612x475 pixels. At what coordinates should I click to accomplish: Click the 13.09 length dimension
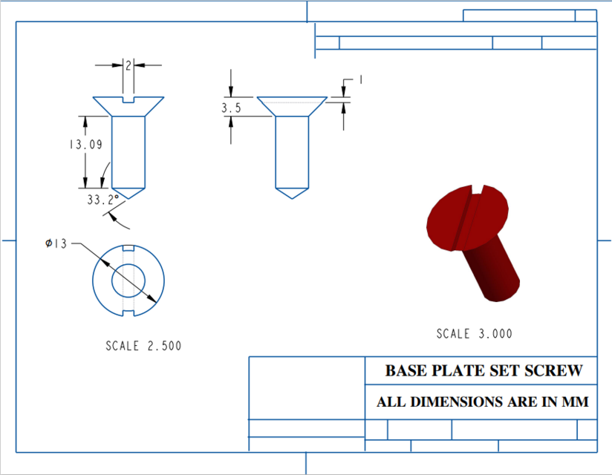tap(85, 145)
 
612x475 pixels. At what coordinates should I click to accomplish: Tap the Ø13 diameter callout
tap(56, 243)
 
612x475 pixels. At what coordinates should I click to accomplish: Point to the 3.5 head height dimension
tap(231, 108)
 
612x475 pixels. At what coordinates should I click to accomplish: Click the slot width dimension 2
tap(128, 66)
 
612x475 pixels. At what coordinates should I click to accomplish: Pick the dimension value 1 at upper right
tap(360, 79)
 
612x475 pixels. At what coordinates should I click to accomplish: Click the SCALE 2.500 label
tap(143, 346)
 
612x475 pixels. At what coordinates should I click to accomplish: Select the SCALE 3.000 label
tap(474, 334)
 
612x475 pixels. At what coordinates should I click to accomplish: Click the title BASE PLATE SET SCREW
tap(483, 370)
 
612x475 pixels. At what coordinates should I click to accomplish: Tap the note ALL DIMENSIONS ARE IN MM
tap(483, 402)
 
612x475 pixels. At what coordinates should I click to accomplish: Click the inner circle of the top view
tap(128, 281)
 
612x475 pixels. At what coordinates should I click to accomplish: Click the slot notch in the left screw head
tap(128, 99)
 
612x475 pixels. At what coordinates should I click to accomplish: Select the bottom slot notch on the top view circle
tap(128, 314)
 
